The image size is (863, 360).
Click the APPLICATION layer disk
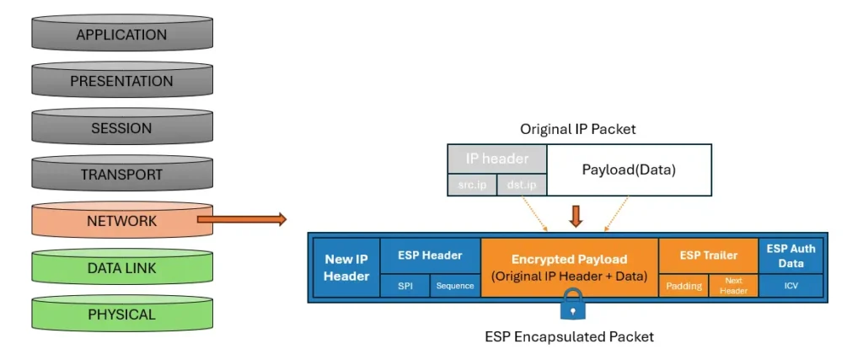121,35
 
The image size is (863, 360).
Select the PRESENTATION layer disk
121,82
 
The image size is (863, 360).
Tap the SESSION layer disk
121,129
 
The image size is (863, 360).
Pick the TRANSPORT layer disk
121,175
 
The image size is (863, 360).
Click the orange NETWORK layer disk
121,222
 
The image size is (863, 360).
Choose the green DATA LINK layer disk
121,269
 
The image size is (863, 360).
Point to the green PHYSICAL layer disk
121,315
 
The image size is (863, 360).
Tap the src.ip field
471,185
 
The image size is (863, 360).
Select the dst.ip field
522,185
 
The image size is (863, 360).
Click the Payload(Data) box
629,170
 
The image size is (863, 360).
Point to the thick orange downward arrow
576,216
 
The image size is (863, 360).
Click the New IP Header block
346,267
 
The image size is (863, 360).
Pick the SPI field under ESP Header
405,286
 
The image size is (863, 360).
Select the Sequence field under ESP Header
455,286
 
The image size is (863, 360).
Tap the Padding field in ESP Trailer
683,286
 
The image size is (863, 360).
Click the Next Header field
734,286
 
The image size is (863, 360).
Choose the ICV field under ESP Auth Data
791,286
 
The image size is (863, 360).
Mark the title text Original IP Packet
577,129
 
